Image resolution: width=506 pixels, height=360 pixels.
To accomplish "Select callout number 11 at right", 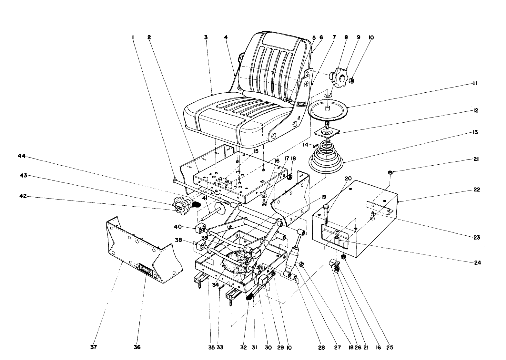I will coord(475,84).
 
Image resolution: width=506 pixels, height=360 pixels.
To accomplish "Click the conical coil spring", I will coord(327,157).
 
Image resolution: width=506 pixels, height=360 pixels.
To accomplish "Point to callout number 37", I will coord(94,348).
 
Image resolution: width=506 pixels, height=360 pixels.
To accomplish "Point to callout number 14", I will coord(305,145).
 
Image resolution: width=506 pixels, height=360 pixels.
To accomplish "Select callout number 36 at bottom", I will coord(137,348).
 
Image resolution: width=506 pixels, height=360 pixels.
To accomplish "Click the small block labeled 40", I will coord(200,230).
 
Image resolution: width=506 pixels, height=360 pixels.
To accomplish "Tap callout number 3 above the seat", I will coord(206,37).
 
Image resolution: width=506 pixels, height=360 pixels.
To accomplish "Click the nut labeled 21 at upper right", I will coord(390,173).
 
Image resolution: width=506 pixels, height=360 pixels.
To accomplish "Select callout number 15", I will coord(256,151).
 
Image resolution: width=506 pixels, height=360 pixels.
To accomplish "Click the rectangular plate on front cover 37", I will coord(146,269).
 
